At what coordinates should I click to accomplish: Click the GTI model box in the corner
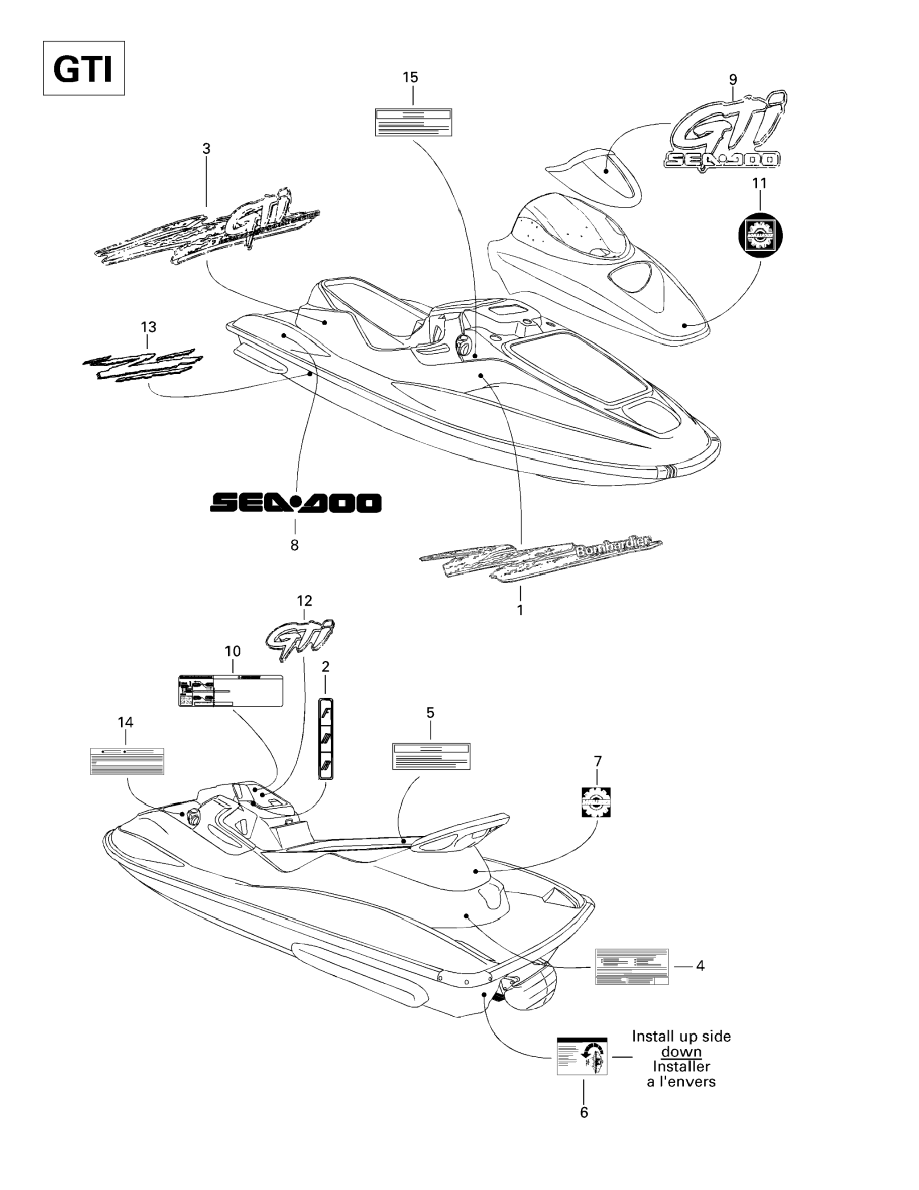[x=84, y=69]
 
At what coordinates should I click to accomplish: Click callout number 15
[x=410, y=78]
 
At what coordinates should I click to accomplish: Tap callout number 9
[x=733, y=80]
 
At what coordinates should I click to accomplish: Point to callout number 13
[x=148, y=327]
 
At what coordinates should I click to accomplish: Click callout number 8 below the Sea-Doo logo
[x=294, y=545]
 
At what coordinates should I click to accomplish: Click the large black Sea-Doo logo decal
[x=296, y=503]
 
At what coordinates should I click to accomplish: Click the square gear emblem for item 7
[x=596, y=802]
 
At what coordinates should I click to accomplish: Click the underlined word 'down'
[x=681, y=1051]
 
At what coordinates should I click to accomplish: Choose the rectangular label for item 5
[x=431, y=756]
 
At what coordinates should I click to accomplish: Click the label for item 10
[x=230, y=691]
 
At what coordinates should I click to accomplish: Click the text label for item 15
[x=413, y=122]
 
